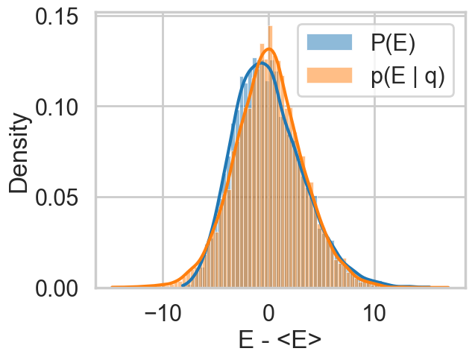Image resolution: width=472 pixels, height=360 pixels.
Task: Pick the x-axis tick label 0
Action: click(268, 313)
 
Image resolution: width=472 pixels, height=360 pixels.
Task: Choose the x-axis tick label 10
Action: click(374, 313)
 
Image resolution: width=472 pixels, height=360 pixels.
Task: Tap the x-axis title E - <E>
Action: click(280, 341)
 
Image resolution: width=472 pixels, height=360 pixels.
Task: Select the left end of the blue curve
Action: click(182, 285)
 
